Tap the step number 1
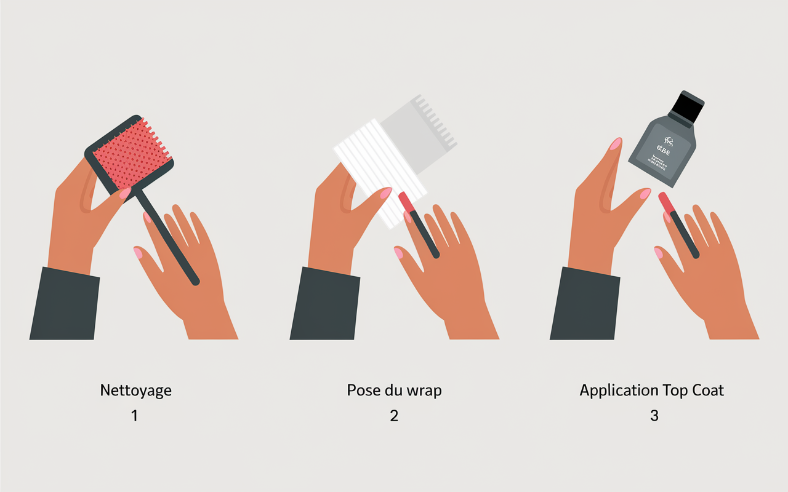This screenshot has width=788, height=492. pos(134,416)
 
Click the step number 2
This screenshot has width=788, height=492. pos(394,416)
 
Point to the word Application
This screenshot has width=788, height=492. pos(619,391)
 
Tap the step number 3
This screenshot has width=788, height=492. pos(654,416)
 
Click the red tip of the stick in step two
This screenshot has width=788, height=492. pos(405,202)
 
